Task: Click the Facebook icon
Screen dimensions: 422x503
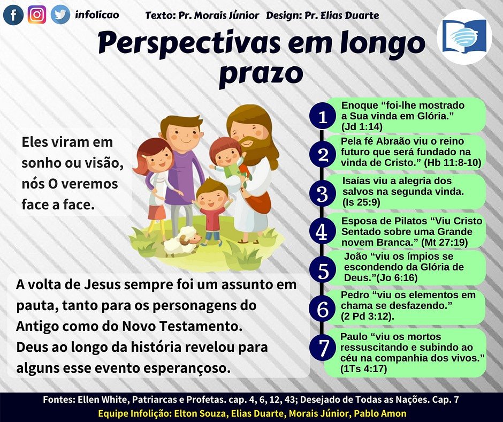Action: (x=13, y=15)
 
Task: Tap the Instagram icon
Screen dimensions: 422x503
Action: (x=36, y=14)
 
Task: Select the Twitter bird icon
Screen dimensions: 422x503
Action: (x=60, y=14)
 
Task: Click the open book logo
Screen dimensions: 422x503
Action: (x=463, y=36)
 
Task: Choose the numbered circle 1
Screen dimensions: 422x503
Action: (x=323, y=116)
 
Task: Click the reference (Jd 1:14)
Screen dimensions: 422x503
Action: (x=362, y=127)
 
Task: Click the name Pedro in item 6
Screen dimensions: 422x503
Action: (x=354, y=295)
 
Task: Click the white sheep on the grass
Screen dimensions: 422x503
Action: (x=181, y=240)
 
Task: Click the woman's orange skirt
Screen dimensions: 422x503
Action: (x=157, y=212)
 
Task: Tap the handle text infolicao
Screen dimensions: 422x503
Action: (x=97, y=14)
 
